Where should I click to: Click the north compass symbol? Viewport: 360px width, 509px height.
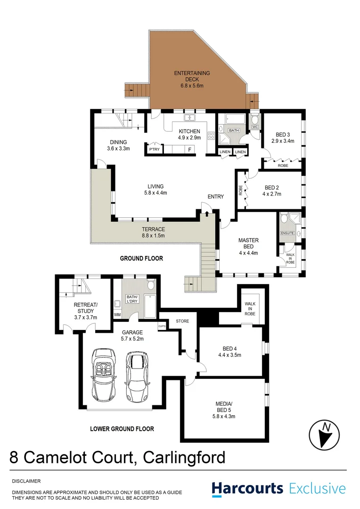[x=324, y=435]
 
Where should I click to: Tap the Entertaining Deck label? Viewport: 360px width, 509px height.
[x=192, y=79]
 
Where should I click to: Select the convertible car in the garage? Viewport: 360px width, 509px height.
[x=104, y=375]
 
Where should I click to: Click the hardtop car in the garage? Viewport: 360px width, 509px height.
[x=138, y=376]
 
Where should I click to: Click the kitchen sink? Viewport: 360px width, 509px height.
[x=189, y=117]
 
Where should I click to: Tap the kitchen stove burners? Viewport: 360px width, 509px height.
[x=211, y=136]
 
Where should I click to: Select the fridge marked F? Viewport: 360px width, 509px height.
[x=190, y=150]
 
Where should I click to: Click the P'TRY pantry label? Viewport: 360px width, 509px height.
[x=154, y=149]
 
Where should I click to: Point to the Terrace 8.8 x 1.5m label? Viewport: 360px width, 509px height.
[x=153, y=232]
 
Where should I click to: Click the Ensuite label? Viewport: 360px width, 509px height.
[x=287, y=233]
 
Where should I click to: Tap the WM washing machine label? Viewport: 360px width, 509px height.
[x=117, y=314]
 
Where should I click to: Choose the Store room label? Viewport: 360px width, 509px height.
[x=182, y=321]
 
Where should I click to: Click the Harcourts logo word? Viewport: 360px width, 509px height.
[x=247, y=489]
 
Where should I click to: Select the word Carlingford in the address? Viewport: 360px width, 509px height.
[x=184, y=458]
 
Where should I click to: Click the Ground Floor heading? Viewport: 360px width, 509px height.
[x=141, y=258]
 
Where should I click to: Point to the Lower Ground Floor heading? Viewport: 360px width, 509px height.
[x=122, y=429]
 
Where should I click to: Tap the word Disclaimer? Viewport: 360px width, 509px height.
[x=26, y=481]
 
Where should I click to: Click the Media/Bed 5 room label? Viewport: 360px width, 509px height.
[x=224, y=410]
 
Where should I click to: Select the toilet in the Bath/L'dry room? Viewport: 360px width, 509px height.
[x=151, y=285]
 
